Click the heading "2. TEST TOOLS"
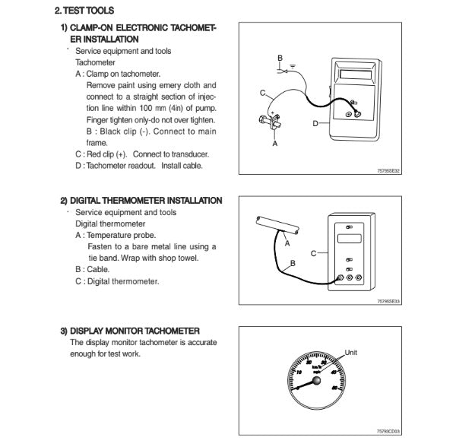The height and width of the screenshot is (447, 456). tap(85, 12)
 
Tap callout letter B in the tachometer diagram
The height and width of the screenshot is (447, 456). tap(280, 58)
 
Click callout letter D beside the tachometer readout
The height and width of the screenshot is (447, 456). tap(315, 123)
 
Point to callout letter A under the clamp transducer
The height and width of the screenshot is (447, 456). tap(274, 142)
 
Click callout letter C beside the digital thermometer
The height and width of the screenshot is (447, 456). tap(313, 252)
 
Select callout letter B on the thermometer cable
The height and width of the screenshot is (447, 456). tap(292, 263)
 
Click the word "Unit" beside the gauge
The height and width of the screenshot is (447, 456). tap(351, 352)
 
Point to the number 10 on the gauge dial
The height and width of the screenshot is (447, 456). tap(300, 372)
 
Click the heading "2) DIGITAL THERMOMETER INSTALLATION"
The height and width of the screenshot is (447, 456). tap(141, 201)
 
